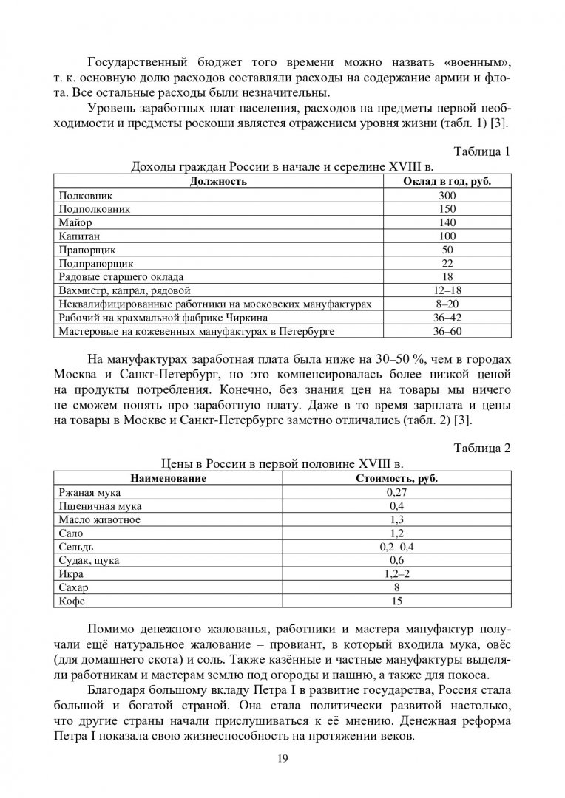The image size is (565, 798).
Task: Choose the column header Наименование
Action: pyautogui.click(x=169, y=478)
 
